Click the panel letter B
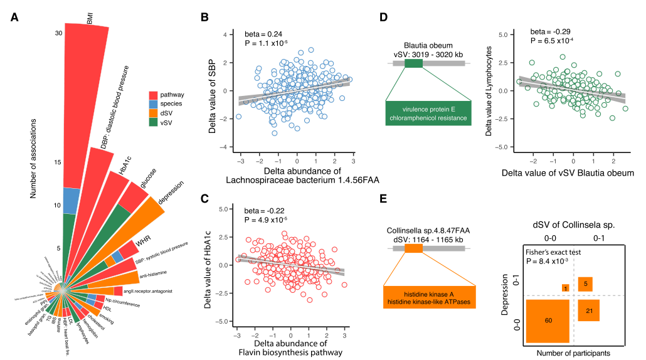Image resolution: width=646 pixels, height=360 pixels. (x=204, y=17)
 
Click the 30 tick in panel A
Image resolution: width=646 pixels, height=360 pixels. (x=58, y=33)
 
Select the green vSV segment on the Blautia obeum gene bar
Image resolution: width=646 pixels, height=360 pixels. (x=414, y=63)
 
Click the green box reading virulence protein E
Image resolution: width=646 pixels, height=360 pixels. (x=428, y=112)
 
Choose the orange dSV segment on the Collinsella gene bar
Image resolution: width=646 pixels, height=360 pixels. (x=414, y=248)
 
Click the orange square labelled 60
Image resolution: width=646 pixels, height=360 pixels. (x=548, y=320)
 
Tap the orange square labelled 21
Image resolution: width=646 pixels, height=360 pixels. (x=590, y=311)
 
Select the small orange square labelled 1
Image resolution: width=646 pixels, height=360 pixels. (x=565, y=288)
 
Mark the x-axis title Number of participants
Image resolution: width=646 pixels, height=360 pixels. (x=574, y=353)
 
